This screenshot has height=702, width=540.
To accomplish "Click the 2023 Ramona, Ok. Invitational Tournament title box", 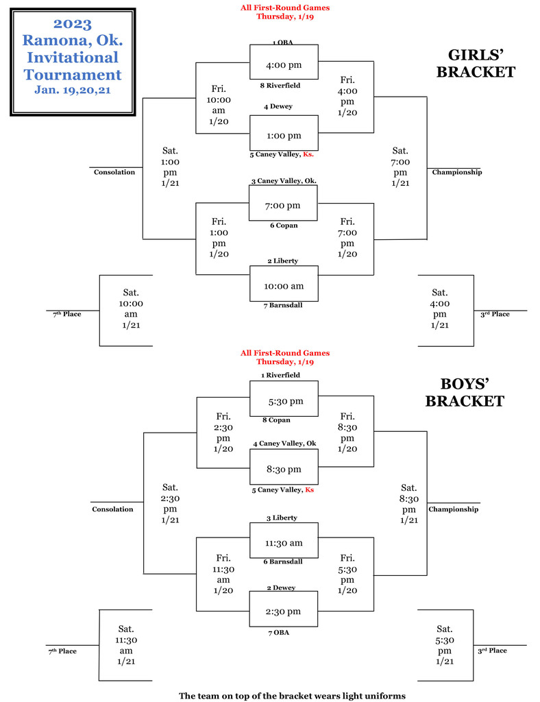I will click(x=73, y=62).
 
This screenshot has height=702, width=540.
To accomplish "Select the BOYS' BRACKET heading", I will click(x=465, y=392).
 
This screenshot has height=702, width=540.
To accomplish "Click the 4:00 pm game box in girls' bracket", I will click(x=284, y=65).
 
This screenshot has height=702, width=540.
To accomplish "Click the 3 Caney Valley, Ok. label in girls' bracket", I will click(x=284, y=181).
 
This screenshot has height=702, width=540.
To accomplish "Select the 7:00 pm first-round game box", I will click(x=284, y=205).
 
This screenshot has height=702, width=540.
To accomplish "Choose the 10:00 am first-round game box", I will click(x=284, y=286).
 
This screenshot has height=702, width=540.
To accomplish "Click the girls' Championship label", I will click(x=456, y=172).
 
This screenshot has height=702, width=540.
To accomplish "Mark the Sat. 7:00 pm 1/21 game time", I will click(x=400, y=167).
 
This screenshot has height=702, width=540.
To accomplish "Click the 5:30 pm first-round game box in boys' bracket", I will click(x=284, y=401).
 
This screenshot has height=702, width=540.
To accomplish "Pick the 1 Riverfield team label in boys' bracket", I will click(x=280, y=376).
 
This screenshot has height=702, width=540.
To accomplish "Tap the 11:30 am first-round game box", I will click(x=284, y=542).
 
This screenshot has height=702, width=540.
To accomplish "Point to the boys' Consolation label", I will click(x=112, y=509).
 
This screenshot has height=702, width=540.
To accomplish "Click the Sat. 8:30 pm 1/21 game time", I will click(x=408, y=503).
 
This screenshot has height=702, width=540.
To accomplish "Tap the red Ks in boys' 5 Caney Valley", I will click(x=310, y=490).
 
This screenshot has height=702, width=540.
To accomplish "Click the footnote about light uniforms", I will click(x=292, y=696).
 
